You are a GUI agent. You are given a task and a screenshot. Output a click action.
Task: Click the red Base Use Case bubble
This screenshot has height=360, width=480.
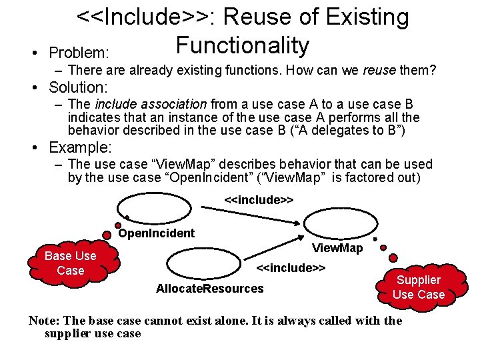coord(70,263)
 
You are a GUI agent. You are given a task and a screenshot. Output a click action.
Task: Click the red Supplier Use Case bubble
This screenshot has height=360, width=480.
coord(418,287)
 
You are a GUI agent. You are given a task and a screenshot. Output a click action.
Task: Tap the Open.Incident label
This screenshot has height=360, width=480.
coord(156,233)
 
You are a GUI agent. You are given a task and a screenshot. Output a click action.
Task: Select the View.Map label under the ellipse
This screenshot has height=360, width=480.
coord(337,248)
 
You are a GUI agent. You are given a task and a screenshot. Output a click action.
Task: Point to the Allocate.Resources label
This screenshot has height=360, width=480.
coord(209,289)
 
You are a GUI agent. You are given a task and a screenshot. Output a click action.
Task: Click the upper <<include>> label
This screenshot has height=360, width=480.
coord(259,199)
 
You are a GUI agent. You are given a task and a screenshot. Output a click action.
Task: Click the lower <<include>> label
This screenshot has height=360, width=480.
coord(291,268)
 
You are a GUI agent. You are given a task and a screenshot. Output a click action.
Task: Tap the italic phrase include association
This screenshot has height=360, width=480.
coord(151,104)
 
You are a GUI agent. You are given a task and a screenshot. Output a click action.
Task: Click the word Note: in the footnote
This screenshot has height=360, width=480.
coord(44,321)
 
